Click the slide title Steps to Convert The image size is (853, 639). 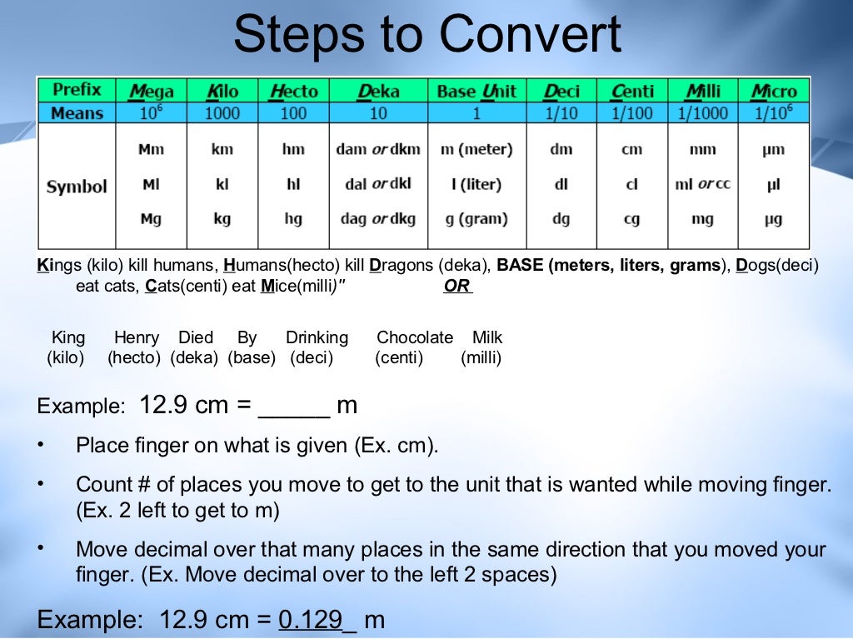[x=426, y=35]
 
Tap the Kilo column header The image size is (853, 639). [x=222, y=91]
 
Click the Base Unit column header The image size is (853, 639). [x=476, y=91]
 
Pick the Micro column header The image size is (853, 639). [x=774, y=91]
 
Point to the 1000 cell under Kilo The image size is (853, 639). [x=222, y=112]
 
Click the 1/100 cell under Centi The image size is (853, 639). [x=632, y=112]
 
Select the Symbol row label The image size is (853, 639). [x=77, y=187]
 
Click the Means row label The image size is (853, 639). [x=77, y=112]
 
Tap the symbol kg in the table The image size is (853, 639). [x=222, y=219]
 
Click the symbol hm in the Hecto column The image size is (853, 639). [x=293, y=150]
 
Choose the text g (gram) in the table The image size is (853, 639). [x=476, y=219]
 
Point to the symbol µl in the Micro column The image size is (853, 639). [x=774, y=184]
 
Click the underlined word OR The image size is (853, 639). [x=457, y=286]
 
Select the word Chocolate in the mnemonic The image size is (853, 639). [x=414, y=337]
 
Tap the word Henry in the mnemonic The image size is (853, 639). [x=136, y=337]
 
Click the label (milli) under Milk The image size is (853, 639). [x=481, y=359]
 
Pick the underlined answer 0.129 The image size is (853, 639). [x=311, y=620]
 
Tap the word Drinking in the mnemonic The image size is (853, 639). [x=317, y=337]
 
